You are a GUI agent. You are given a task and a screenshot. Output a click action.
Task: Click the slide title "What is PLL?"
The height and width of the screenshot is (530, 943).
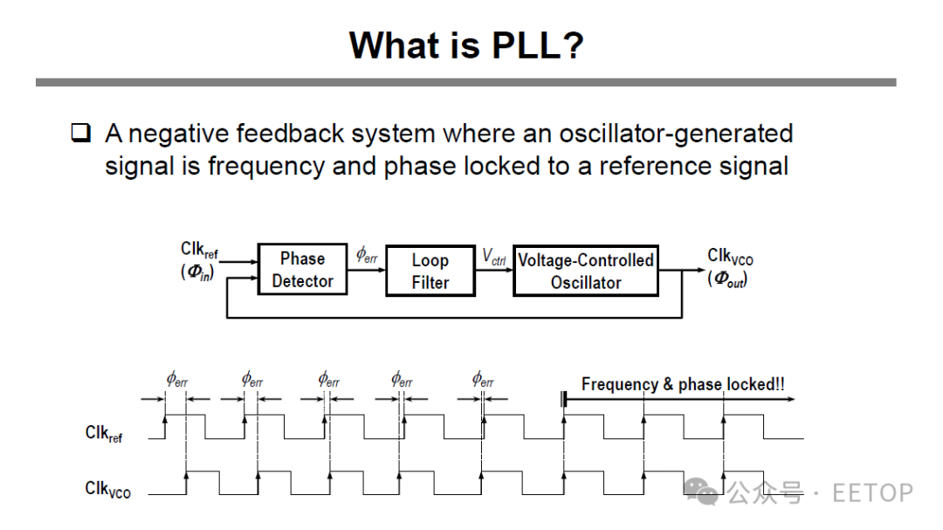coord(465,45)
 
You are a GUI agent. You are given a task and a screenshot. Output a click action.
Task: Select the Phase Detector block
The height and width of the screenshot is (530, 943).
coord(302,270)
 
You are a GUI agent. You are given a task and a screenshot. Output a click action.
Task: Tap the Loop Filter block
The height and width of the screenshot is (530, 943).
coord(430,272)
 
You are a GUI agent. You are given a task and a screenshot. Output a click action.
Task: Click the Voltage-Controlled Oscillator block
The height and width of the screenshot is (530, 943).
coord(585,272)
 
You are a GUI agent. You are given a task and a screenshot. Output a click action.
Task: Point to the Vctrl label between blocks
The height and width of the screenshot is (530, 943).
coord(493,256)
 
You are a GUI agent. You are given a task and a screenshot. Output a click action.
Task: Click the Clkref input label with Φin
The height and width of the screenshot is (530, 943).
coord(199,262)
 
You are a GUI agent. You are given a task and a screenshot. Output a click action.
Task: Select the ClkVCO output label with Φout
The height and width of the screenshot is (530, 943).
coord(730,267)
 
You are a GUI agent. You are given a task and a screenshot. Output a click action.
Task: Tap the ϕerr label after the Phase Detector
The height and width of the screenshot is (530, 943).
coord(367,255)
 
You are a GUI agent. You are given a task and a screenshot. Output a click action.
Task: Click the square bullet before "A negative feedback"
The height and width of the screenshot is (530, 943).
coord(80,134)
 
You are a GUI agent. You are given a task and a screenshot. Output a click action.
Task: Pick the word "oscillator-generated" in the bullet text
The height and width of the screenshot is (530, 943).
coord(676,134)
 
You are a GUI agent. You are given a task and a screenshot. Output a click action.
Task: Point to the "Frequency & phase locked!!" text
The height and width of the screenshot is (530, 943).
coord(682,384)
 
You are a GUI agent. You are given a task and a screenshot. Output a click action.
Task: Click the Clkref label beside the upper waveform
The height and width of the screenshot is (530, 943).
coord(104,433)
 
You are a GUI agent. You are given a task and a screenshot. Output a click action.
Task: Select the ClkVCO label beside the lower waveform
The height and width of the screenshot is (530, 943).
coord(107,490)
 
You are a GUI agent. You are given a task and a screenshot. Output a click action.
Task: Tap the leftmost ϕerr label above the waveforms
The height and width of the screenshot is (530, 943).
coord(177,380)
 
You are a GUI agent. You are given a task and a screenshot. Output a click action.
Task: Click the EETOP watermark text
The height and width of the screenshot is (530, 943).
coord(872,492)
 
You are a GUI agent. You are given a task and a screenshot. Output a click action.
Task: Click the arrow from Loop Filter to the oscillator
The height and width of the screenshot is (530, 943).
coord(494,270)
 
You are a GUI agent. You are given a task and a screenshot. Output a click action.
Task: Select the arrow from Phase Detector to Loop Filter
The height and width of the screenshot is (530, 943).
coord(367,270)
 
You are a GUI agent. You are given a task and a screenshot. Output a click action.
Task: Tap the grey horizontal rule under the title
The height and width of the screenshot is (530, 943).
coord(465,82)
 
